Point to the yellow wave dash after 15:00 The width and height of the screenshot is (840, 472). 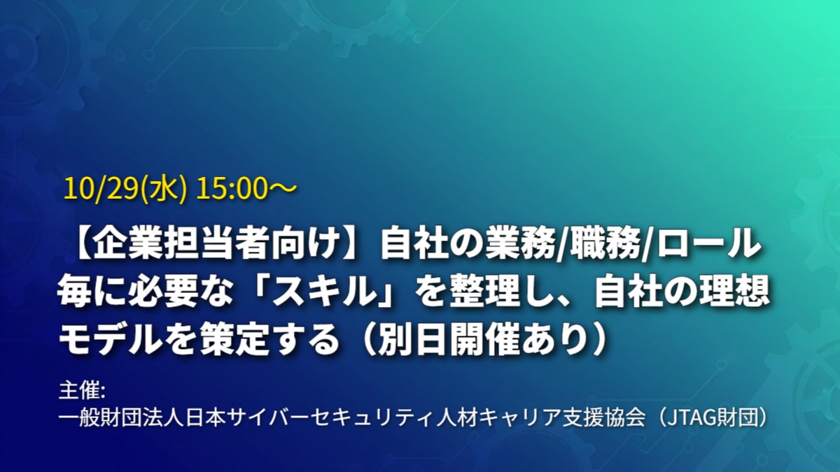(282, 188)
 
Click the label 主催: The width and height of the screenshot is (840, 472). (82, 391)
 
